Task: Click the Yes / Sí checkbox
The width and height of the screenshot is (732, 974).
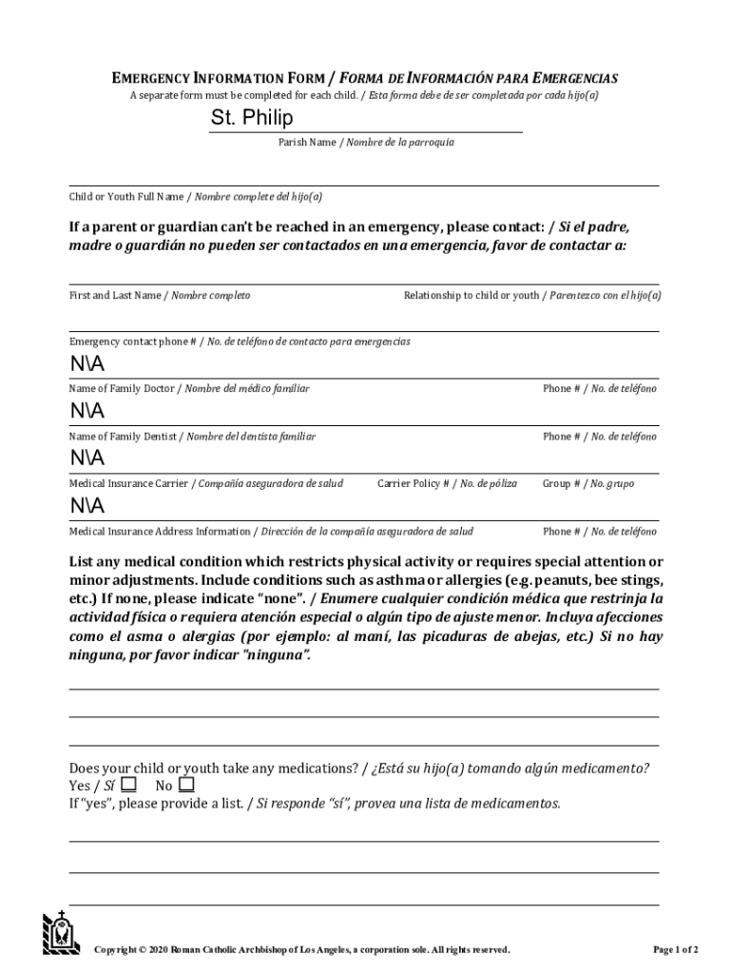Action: (x=128, y=785)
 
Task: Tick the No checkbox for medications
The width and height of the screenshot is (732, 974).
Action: (x=186, y=785)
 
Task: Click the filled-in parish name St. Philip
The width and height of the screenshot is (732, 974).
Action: (x=252, y=119)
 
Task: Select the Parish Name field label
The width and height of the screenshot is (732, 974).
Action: (x=365, y=143)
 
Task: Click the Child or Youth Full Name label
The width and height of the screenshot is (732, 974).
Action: (x=195, y=197)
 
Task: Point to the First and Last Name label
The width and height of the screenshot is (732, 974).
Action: (x=159, y=296)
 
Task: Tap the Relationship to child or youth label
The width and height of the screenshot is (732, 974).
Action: (x=531, y=296)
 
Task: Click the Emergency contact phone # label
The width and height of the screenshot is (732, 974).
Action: (x=240, y=341)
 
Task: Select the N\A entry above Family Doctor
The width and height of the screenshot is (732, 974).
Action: (x=87, y=366)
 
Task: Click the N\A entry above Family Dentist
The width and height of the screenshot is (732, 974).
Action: (x=87, y=412)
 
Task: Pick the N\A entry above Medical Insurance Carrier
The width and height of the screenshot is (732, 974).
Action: (x=87, y=459)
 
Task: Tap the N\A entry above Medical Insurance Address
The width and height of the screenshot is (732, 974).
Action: (x=87, y=505)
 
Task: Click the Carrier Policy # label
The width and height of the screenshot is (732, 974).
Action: (x=447, y=484)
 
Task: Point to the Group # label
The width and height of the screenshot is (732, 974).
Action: (x=588, y=484)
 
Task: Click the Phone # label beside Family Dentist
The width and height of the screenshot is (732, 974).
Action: (x=599, y=437)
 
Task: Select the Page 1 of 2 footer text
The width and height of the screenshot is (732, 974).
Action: (x=675, y=950)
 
